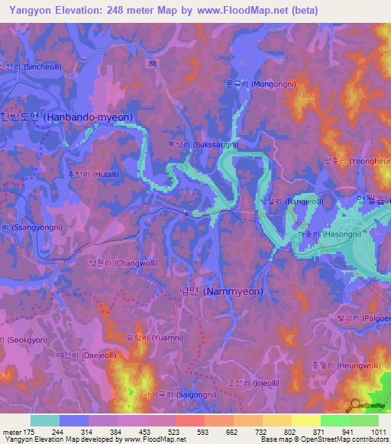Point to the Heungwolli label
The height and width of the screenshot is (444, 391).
[351, 366]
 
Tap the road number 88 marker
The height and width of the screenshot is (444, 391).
[153, 63]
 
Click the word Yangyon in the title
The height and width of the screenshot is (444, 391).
[27, 10]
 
